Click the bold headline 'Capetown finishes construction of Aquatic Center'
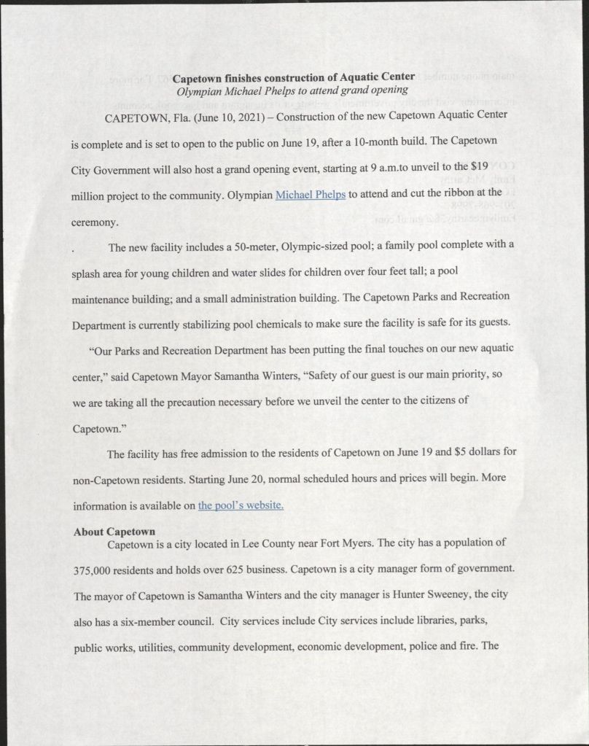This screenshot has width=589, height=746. pyautogui.click(x=293, y=77)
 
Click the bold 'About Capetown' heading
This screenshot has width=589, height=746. pyautogui.click(x=114, y=532)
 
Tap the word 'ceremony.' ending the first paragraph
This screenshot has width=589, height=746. pyautogui.click(x=94, y=222)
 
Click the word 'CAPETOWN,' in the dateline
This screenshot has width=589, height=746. pyautogui.click(x=136, y=117)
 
